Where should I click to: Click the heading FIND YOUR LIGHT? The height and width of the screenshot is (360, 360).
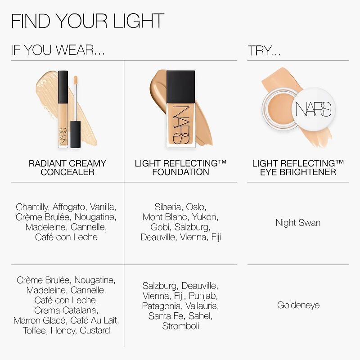click(x=87, y=21)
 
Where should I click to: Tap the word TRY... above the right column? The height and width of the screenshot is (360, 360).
click(x=264, y=51)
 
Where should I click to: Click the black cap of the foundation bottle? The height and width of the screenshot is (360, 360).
click(x=181, y=87)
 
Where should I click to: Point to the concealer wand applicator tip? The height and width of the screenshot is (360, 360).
click(x=76, y=80)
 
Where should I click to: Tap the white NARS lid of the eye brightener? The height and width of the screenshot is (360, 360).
click(x=313, y=109)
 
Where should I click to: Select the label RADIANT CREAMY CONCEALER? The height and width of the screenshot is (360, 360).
click(x=67, y=167)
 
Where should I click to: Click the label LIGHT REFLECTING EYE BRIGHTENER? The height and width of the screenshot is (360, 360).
click(x=298, y=167)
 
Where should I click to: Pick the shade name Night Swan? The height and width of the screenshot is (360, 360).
click(x=298, y=223)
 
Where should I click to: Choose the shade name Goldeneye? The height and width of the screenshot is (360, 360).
click(x=298, y=306)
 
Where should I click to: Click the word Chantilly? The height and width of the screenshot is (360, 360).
click(x=32, y=207)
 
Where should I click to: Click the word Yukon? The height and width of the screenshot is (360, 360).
click(x=205, y=217)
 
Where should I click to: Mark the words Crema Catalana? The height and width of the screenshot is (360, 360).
click(x=66, y=310)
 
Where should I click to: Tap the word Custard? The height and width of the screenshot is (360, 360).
click(x=95, y=331)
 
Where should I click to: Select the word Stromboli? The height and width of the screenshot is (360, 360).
click(x=180, y=326)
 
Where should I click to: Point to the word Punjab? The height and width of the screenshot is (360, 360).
click(x=203, y=296)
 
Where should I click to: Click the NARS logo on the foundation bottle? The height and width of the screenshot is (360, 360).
click(x=181, y=125)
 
